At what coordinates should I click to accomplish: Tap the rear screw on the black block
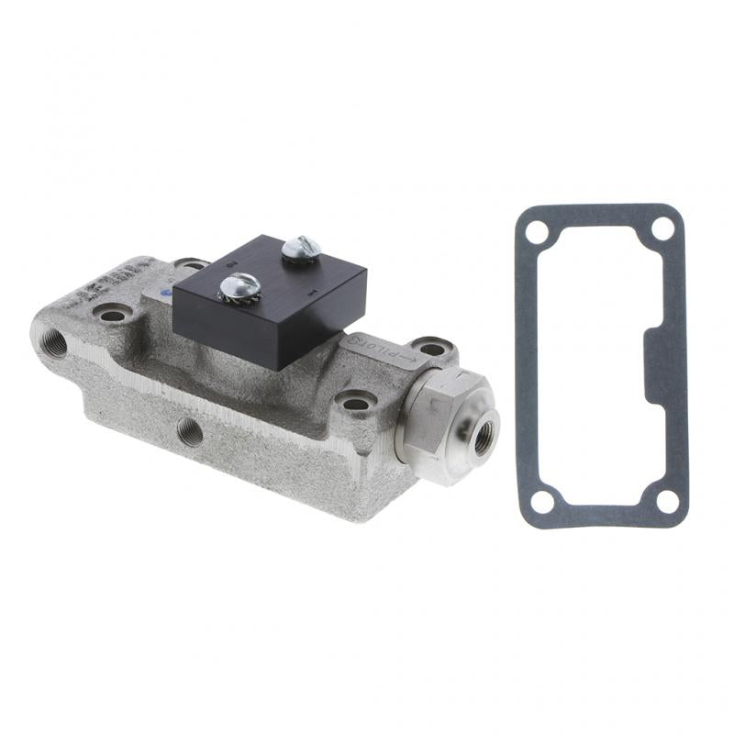[301, 247]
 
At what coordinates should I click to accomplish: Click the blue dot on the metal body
[165, 294]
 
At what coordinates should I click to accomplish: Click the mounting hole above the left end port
[113, 315]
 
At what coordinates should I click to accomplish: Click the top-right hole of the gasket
[662, 229]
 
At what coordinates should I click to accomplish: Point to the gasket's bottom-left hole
[542, 500]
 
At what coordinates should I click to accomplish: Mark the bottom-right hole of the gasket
[667, 501]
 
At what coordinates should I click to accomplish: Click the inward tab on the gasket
[657, 368]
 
